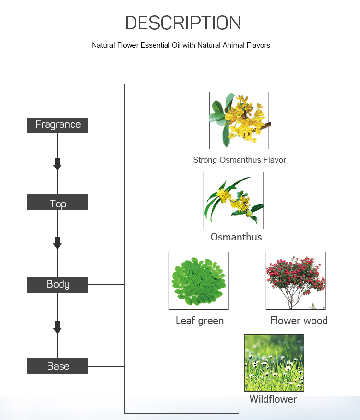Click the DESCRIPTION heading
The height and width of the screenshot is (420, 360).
coord(183,23)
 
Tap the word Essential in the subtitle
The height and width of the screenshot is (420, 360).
coord(160,45)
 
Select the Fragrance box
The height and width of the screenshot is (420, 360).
coord(57,125)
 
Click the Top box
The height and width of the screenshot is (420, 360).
coord(57,202)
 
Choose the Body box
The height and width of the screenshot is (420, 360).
coord(57,285)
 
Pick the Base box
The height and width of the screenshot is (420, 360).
coord(57,366)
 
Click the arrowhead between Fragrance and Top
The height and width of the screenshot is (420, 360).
coord(57,164)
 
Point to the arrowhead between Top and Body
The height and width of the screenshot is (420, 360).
coord(57,243)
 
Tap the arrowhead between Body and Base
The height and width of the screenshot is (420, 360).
coord(57,327)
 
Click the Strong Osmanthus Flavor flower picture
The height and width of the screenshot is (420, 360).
coord(239,120)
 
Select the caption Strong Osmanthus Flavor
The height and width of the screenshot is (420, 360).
coord(240,160)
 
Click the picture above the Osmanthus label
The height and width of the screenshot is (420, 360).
coord(233,201)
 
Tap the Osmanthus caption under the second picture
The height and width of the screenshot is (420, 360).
coord(236,237)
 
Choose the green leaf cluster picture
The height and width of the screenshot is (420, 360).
coord(199,281)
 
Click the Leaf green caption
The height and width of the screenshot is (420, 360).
coord(200,321)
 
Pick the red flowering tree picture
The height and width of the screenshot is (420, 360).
coord(296,281)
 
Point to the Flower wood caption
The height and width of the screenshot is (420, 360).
coord(299,320)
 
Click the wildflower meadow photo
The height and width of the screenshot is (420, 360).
coord(274,363)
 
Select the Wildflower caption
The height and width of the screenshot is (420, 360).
coord(273,399)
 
